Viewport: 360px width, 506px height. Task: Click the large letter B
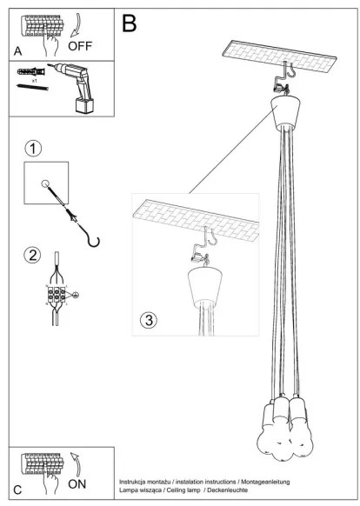point(129,23)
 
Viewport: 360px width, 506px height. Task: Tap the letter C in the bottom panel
point(18,489)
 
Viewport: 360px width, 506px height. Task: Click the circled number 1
point(32,148)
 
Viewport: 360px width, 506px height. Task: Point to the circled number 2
point(32,255)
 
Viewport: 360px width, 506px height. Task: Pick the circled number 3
point(149,321)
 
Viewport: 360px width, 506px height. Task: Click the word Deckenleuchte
point(234,491)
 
